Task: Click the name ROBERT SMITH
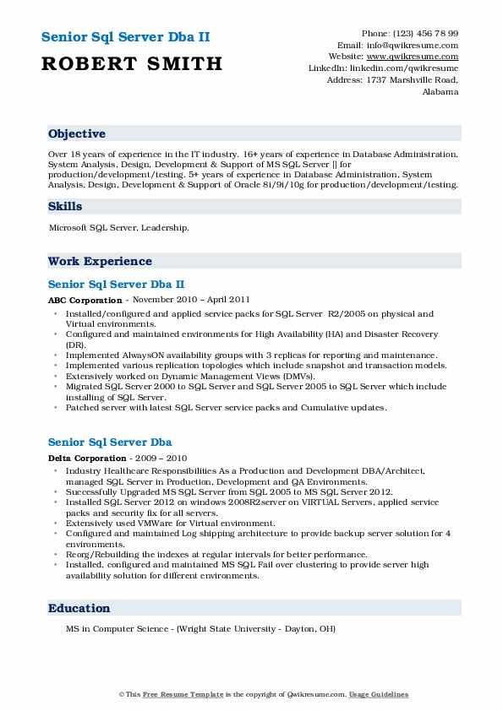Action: click(x=131, y=63)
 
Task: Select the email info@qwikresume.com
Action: click(x=416, y=46)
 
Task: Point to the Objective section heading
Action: click(x=77, y=134)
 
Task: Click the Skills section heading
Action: click(x=65, y=206)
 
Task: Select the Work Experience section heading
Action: click(x=100, y=261)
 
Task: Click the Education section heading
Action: click(x=79, y=608)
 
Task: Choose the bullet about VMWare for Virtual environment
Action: click(x=178, y=523)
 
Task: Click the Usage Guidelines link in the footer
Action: click(x=380, y=694)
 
